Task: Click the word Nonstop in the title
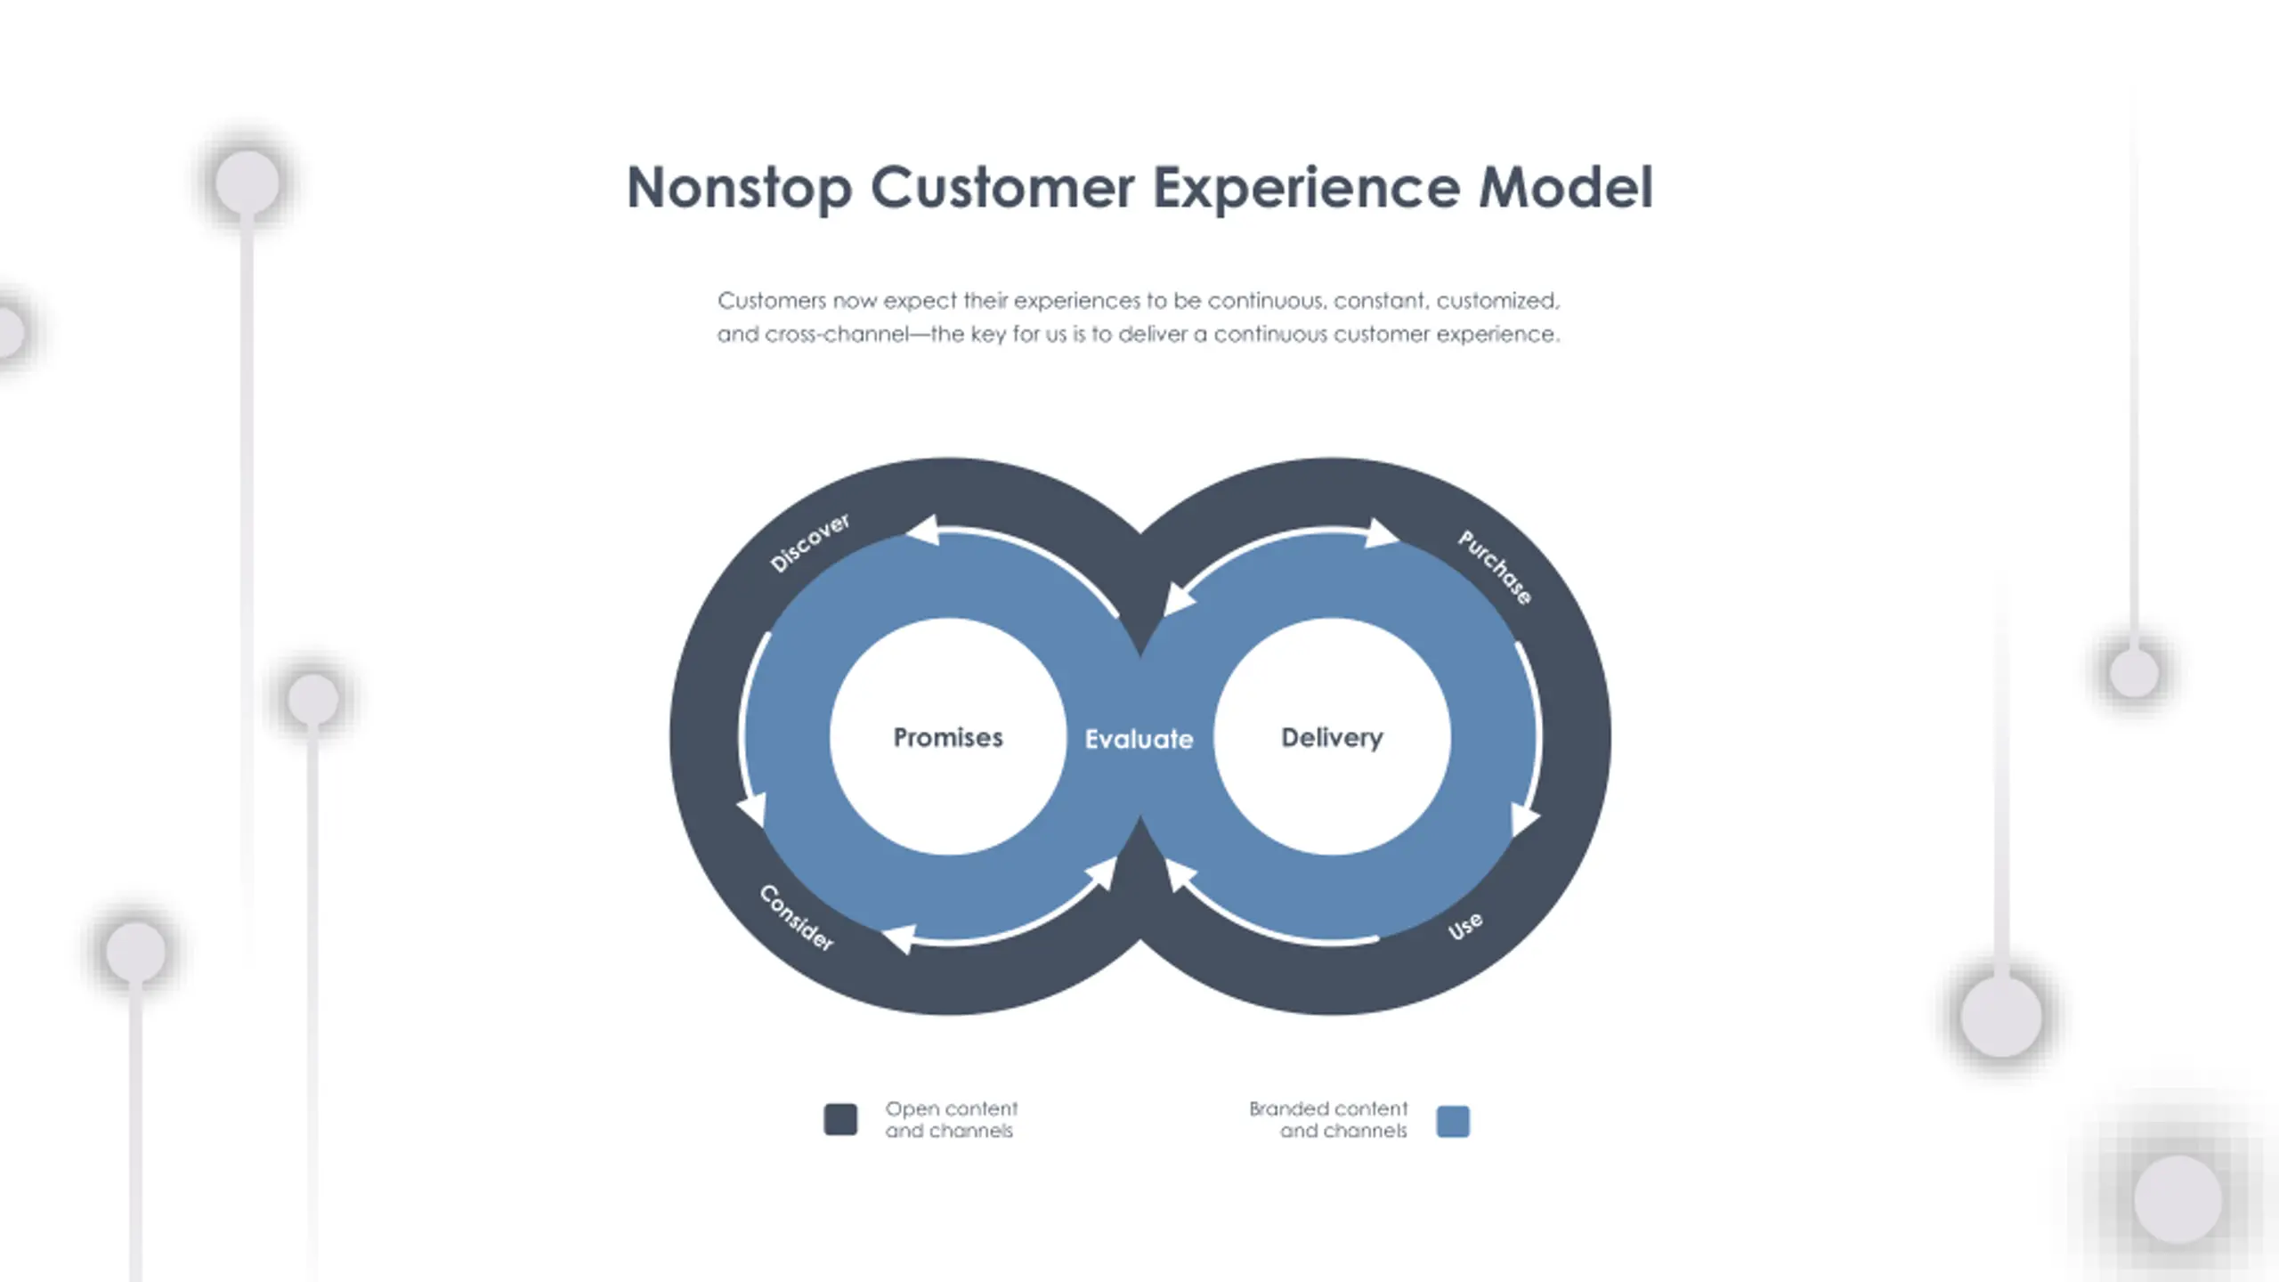(x=739, y=188)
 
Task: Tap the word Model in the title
(x=1565, y=188)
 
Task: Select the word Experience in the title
(x=1306, y=188)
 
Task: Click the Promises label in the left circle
(x=948, y=737)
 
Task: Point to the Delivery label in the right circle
(x=1332, y=737)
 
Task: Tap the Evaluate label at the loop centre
(x=1139, y=739)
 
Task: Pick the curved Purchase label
(x=1495, y=566)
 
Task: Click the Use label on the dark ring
(x=1464, y=926)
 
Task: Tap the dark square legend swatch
(x=840, y=1120)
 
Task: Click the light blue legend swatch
(x=1453, y=1121)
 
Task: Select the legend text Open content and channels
(x=951, y=1120)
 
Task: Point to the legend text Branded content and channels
(x=1328, y=1120)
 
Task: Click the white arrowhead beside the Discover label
(x=924, y=531)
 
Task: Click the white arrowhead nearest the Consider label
(x=899, y=938)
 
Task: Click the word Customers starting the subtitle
(x=772, y=301)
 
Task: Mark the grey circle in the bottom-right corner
(x=2178, y=1199)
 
